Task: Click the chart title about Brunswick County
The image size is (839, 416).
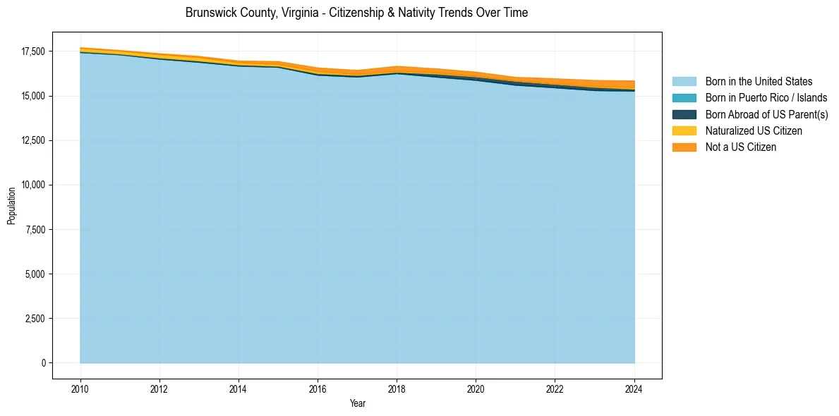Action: click(356, 13)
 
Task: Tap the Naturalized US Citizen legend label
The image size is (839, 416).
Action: click(754, 131)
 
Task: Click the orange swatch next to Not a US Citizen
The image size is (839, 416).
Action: click(684, 147)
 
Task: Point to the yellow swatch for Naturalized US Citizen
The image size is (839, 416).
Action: click(684, 131)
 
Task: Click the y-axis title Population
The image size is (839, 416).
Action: click(11, 206)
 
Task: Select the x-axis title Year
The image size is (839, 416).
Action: click(358, 403)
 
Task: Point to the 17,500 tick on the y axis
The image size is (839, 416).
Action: click(33, 51)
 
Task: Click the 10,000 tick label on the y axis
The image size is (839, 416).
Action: click(33, 185)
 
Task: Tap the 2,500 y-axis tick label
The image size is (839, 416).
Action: click(35, 319)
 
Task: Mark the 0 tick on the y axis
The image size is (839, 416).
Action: click(44, 363)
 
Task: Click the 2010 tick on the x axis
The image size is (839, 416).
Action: click(80, 388)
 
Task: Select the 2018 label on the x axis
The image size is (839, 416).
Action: click(397, 388)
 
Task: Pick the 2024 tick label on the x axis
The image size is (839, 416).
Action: click(634, 388)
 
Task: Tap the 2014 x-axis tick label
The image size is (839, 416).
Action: click(239, 388)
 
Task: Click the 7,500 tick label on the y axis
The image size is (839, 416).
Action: click(35, 230)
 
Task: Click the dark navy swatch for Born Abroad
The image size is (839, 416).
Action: click(684, 114)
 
